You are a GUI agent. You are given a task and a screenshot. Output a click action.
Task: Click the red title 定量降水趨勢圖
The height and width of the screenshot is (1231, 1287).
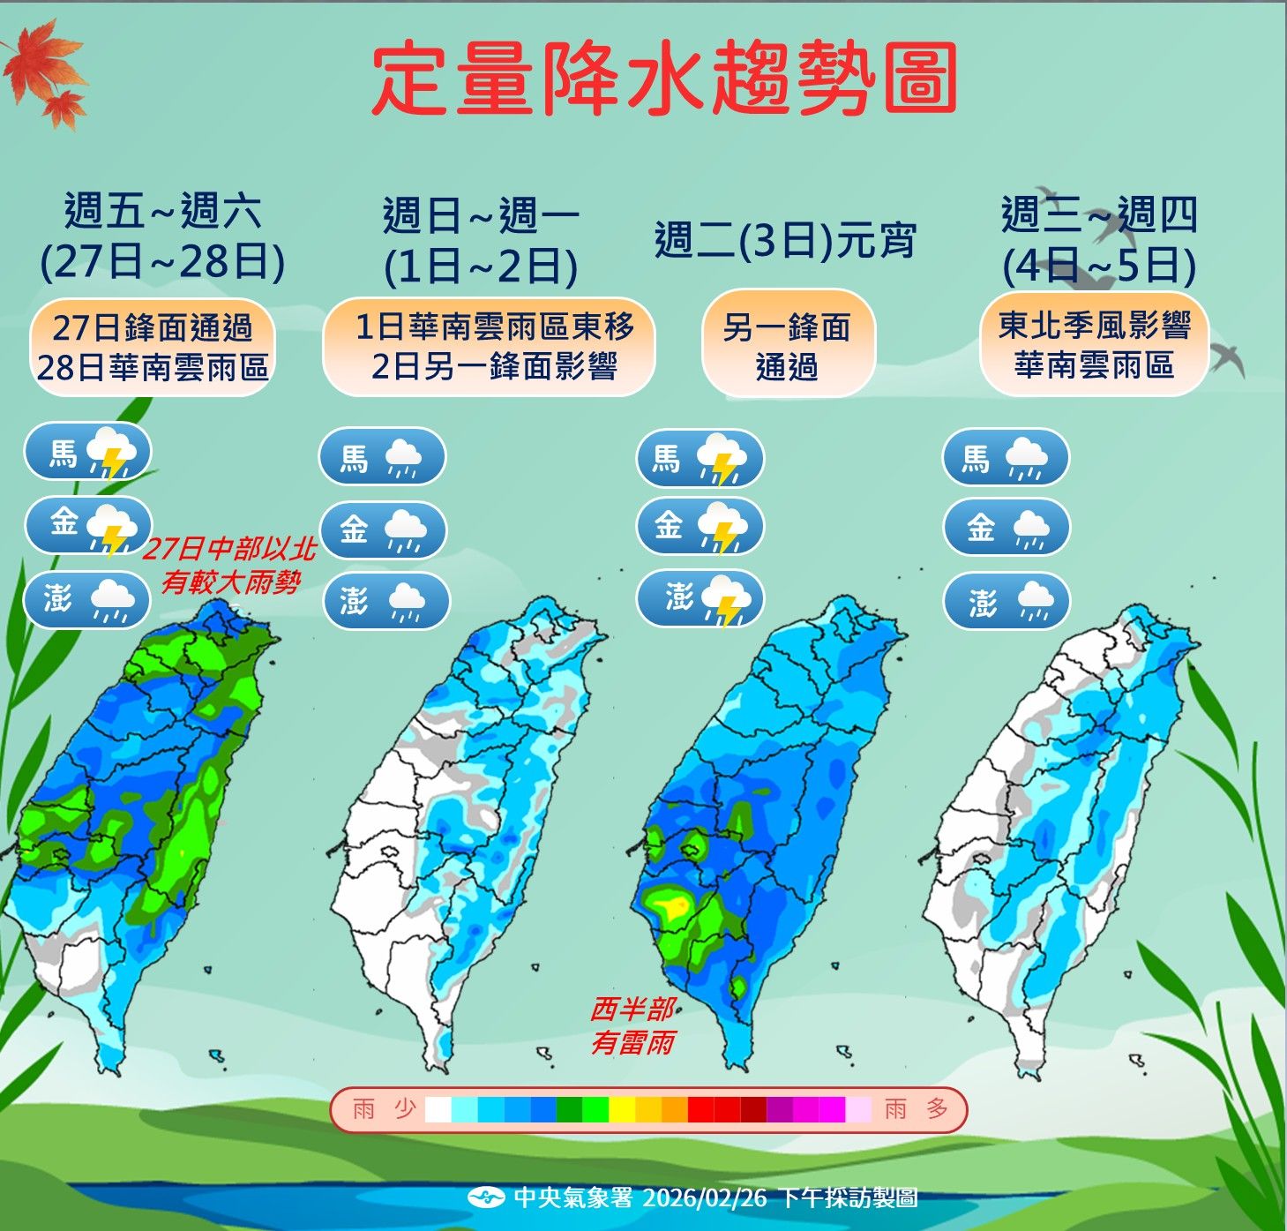tap(664, 79)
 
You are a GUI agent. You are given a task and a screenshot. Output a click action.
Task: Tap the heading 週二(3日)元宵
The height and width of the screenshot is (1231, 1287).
tap(785, 240)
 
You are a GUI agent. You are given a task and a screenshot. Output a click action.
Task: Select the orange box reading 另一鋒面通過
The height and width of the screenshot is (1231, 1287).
tap(787, 345)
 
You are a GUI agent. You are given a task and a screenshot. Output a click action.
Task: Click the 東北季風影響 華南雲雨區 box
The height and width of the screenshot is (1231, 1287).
tap(1094, 345)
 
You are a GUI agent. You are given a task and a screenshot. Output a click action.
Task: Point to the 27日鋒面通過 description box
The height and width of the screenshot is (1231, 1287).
tap(153, 347)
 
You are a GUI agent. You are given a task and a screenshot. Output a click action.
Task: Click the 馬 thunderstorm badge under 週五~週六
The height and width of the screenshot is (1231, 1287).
tap(87, 453)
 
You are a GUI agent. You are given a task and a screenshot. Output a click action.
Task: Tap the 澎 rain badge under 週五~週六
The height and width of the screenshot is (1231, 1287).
tap(87, 600)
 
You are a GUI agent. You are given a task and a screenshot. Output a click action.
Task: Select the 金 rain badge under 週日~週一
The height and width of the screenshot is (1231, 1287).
tap(383, 529)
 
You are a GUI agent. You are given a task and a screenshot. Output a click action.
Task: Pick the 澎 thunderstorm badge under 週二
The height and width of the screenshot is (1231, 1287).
tap(700, 598)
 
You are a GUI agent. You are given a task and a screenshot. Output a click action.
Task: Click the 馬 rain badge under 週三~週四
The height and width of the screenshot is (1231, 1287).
tap(1006, 458)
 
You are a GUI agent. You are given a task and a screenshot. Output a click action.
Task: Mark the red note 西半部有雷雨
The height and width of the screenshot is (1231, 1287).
tap(632, 1025)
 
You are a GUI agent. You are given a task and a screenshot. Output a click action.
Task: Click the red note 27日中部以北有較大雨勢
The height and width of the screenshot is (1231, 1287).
tap(229, 566)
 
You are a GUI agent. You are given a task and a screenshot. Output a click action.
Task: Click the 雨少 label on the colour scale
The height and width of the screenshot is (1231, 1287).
tap(384, 1109)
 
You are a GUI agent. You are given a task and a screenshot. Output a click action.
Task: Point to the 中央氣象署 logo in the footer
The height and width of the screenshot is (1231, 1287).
tap(486, 1197)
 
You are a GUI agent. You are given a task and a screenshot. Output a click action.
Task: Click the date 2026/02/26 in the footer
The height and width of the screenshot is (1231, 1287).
tap(705, 1197)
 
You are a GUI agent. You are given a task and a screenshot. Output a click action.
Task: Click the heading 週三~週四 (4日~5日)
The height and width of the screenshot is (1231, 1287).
tap(1099, 240)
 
